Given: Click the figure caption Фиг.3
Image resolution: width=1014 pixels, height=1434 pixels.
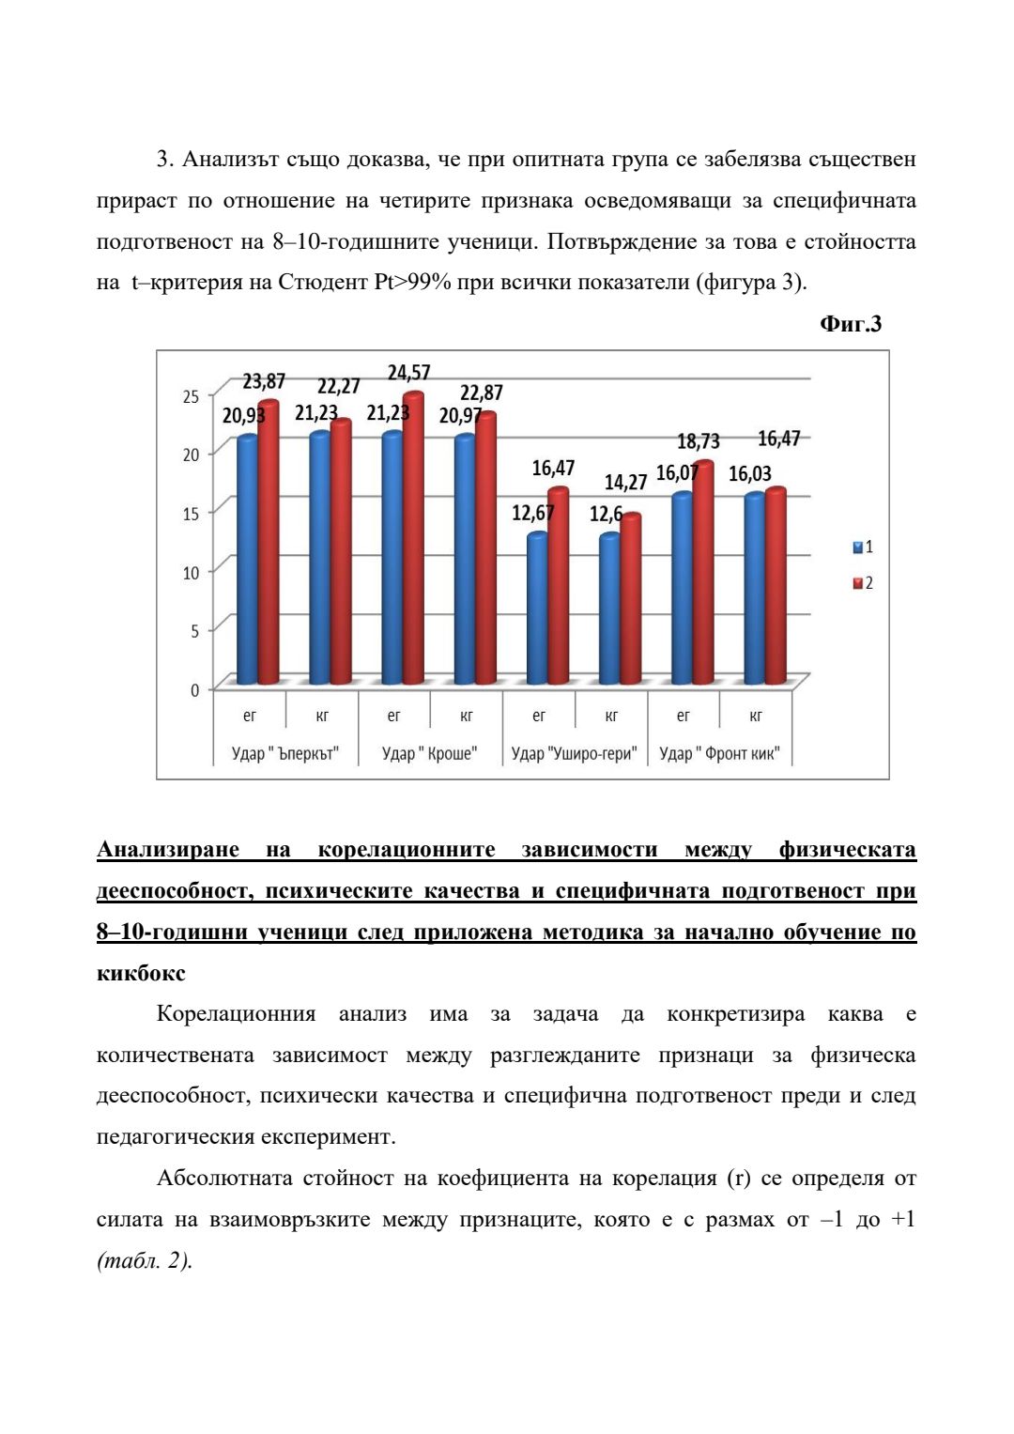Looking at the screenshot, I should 850,324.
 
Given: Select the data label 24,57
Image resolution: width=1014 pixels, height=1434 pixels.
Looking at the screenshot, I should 409,373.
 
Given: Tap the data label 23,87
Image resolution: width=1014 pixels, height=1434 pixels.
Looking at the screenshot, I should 264,381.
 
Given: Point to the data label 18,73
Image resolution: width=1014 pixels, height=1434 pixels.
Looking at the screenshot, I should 698,441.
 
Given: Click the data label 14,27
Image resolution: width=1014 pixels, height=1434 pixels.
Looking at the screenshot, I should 625,483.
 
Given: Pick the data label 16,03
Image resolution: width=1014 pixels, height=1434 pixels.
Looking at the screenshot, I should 750,474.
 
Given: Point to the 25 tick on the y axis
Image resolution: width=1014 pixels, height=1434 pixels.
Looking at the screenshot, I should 192,397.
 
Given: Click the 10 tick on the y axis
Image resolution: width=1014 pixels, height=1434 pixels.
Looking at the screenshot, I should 192,573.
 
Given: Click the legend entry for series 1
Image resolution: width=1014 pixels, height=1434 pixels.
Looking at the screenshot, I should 863,547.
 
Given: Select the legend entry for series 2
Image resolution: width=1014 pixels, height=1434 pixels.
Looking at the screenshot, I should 863,583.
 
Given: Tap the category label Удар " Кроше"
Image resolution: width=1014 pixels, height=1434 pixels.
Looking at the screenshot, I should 430,753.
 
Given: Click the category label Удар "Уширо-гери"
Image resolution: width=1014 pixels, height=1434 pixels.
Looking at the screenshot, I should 575,753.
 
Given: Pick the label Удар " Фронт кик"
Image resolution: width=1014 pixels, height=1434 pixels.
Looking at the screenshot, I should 719,753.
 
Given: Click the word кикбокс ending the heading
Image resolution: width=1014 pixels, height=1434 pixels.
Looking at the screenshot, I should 141,974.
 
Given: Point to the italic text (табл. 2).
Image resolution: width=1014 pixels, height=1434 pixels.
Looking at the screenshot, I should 145,1261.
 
